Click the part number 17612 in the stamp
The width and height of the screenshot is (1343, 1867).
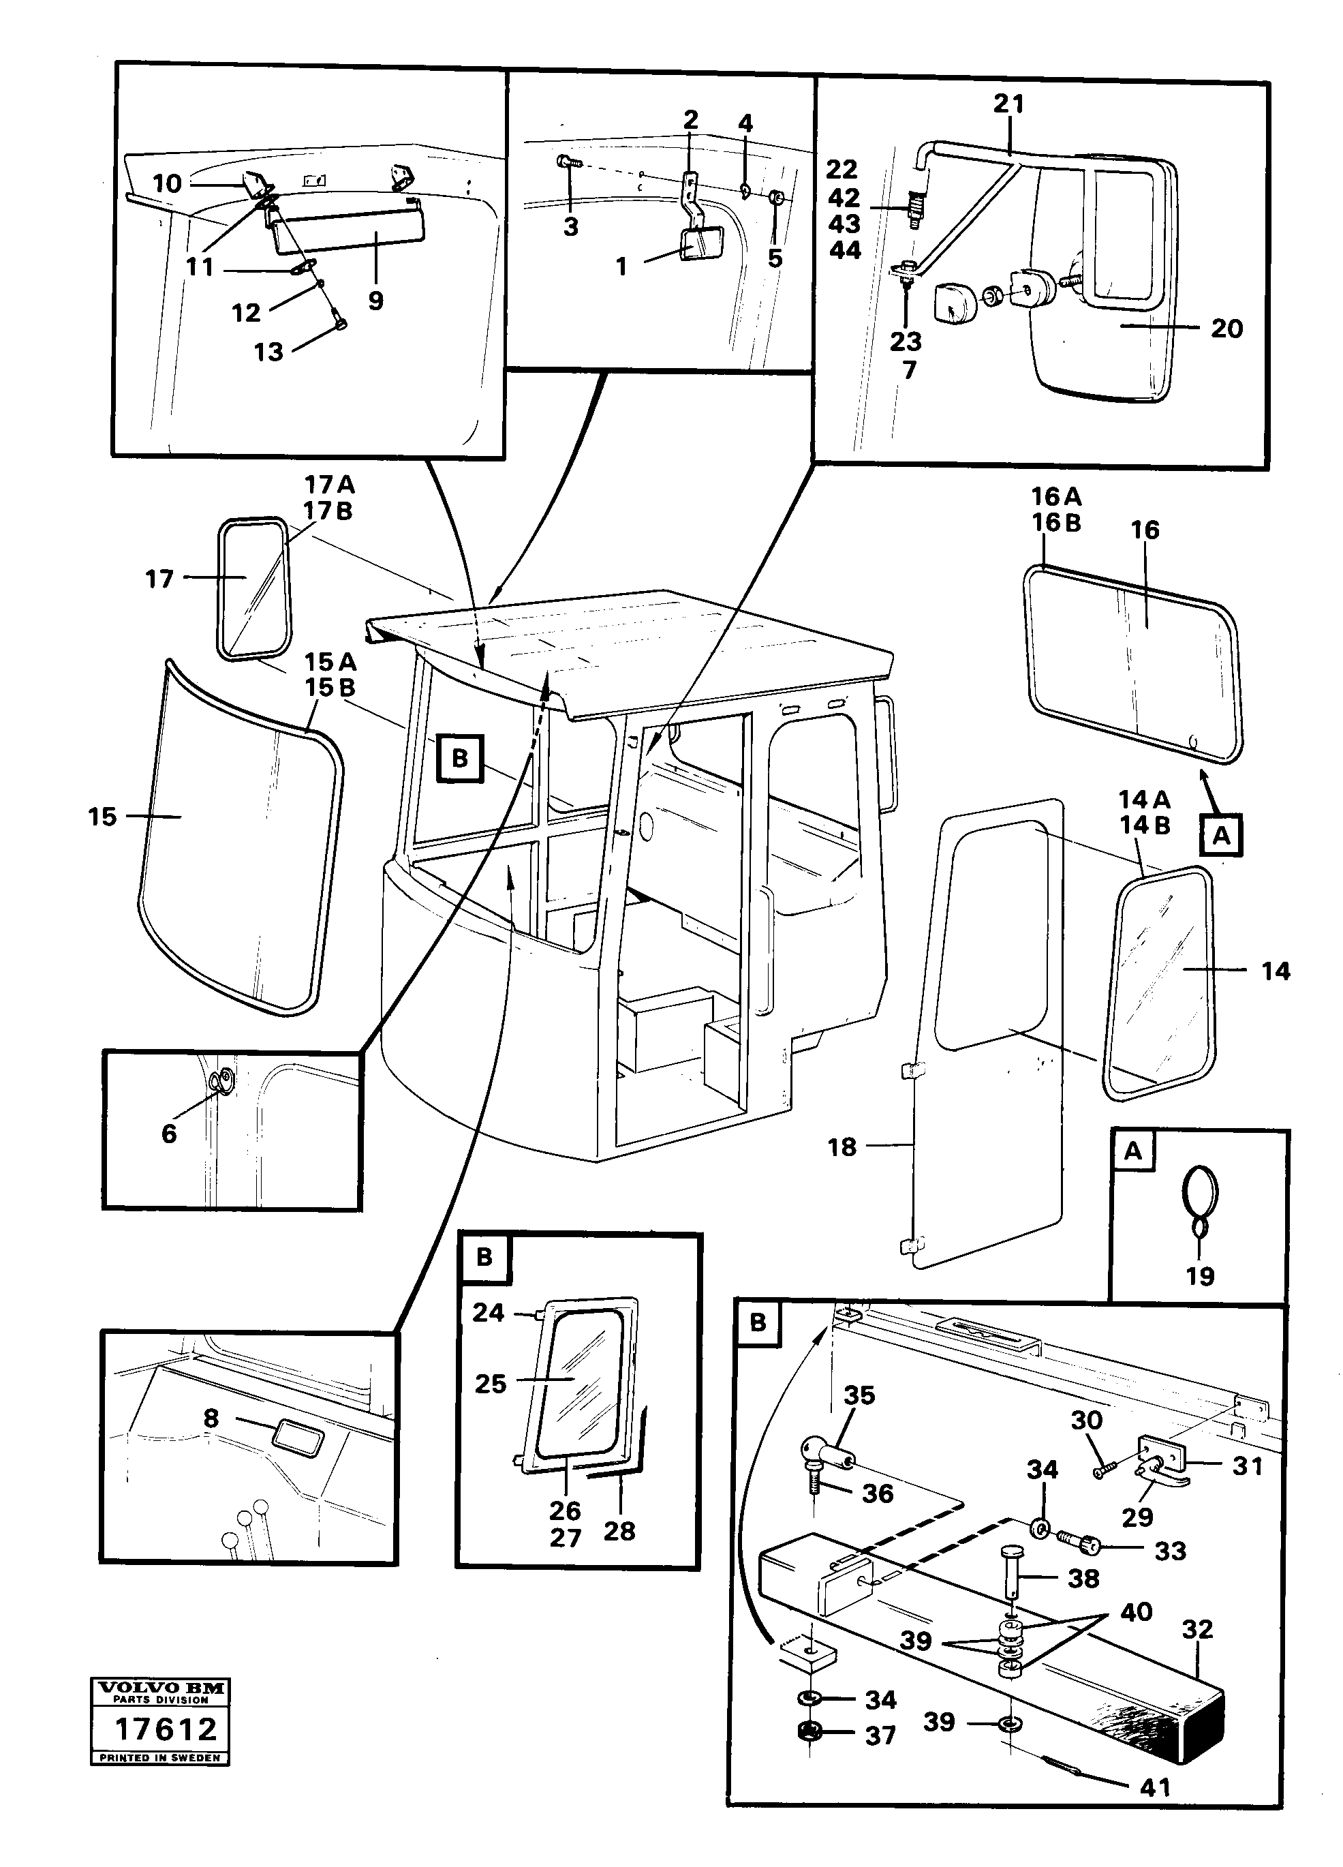(166, 1729)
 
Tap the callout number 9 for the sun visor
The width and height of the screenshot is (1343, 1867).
(376, 301)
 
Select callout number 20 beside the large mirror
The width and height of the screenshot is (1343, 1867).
(1226, 329)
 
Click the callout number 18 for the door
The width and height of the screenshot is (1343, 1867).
(842, 1147)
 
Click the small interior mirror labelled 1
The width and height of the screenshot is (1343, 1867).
(701, 245)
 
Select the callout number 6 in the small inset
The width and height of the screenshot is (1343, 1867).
(169, 1134)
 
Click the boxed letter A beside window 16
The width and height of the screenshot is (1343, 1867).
(1221, 836)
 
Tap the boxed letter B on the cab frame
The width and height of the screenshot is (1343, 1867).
(460, 757)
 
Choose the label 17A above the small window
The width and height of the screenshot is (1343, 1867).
(328, 484)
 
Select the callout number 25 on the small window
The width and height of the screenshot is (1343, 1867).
(491, 1384)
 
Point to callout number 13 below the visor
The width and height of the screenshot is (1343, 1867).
(268, 352)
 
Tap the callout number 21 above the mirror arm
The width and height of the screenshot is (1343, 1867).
(1009, 104)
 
